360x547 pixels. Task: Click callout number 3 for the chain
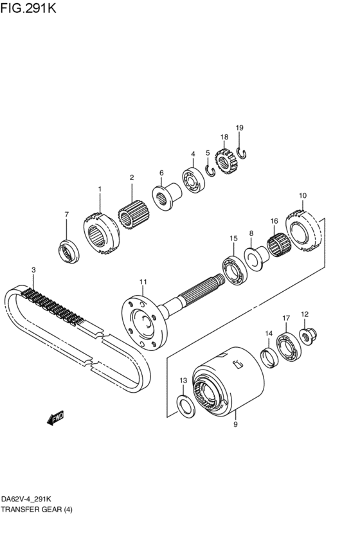tap(33, 270)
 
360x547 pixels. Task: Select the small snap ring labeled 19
tap(242, 152)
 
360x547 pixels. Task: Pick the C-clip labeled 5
tap(210, 170)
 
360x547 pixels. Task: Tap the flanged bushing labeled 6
tap(167, 196)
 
